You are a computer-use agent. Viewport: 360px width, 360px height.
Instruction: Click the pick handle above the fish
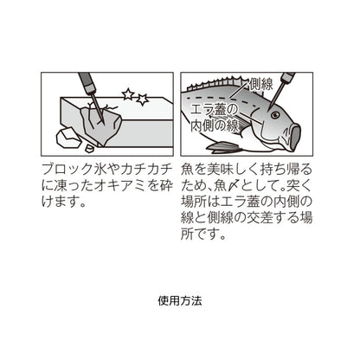click(x=286, y=81)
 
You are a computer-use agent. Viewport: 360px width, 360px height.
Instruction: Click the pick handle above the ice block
click(x=85, y=82)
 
